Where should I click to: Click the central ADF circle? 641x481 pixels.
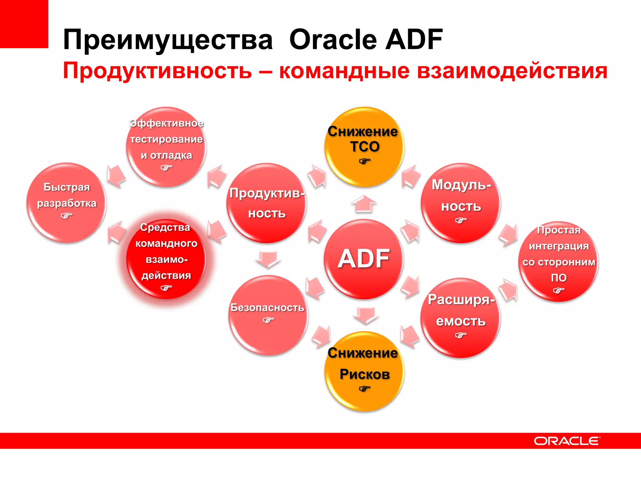364,259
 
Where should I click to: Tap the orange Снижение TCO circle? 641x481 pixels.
364,147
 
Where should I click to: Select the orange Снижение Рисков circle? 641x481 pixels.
364,371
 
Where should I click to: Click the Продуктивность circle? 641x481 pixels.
267,203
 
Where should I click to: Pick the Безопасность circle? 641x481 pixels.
268,315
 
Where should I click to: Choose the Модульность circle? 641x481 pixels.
461,203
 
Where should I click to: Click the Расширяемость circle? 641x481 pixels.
461,318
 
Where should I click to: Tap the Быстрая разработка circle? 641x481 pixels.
66,202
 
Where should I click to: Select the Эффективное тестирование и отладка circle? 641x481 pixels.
166,147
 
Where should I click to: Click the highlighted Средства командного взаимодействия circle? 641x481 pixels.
166,259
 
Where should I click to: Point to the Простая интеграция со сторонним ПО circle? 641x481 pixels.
559,261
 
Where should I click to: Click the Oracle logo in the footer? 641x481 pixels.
567,441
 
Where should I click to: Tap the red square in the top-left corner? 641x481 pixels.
24,24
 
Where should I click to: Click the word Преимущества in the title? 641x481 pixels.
168,40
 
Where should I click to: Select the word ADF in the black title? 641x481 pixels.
414,39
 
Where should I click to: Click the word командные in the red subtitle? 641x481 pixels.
344,71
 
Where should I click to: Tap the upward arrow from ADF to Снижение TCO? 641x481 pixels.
364,204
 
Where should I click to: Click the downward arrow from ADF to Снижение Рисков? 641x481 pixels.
366,315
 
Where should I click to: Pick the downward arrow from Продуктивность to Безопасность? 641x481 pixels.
268,259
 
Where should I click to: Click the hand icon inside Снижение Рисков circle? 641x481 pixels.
364,389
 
